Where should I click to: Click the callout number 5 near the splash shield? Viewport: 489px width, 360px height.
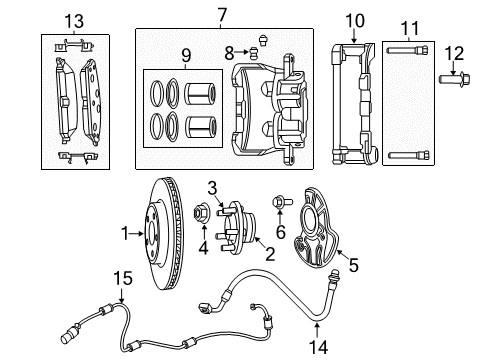(x=352, y=265)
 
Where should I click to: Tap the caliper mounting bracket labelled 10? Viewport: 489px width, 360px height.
(x=350, y=100)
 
